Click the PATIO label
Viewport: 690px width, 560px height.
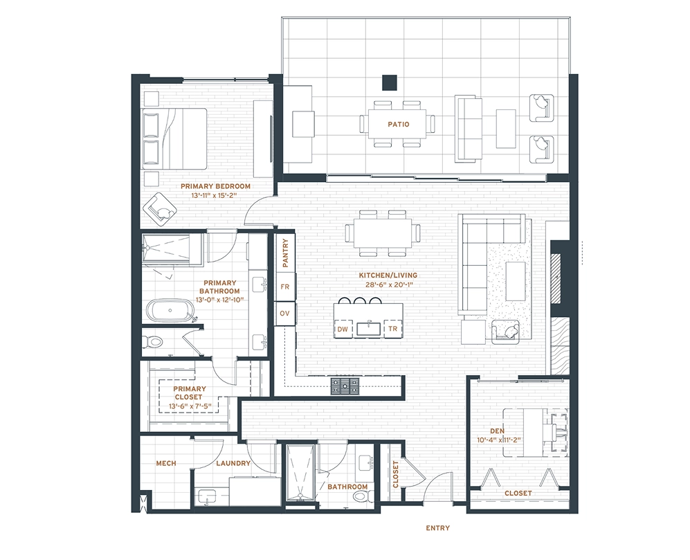click(398, 124)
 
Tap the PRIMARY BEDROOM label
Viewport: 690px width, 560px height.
click(215, 186)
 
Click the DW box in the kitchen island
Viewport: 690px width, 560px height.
click(343, 329)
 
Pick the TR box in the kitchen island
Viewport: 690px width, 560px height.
click(393, 329)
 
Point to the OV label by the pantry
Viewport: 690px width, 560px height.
click(284, 314)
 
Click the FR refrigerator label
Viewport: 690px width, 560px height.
click(284, 287)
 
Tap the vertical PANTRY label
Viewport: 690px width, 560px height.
click(285, 253)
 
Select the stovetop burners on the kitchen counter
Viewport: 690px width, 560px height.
click(345, 386)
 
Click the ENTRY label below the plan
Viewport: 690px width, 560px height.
click(438, 528)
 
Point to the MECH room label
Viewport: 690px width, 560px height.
click(166, 463)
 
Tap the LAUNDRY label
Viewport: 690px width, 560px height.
click(233, 463)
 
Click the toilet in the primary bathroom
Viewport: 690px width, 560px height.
click(152, 342)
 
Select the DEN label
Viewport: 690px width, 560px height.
click(498, 431)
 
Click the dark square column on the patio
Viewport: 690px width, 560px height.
click(390, 82)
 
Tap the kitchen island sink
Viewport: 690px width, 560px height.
click(369, 329)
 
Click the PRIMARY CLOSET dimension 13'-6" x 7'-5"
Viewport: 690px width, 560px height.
click(190, 406)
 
